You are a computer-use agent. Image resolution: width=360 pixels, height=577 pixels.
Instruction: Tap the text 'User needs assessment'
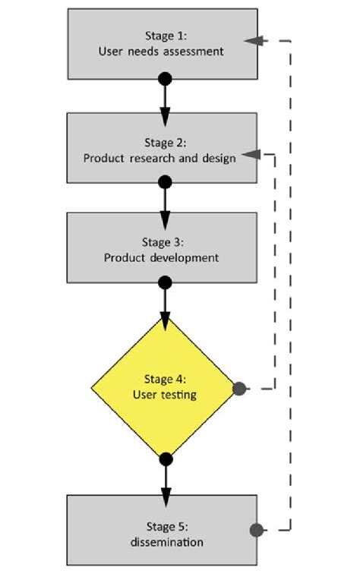pos(161,52)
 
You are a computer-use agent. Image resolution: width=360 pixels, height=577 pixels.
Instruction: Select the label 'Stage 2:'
pos(164,143)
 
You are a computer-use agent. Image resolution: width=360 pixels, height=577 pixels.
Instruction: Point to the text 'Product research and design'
pos(159,159)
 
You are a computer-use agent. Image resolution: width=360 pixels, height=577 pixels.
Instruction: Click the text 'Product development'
pos(161,257)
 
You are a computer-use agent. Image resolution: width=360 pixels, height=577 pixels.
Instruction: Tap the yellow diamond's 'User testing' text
pos(164,394)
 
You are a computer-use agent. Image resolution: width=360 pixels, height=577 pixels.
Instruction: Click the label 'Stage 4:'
pos(164,379)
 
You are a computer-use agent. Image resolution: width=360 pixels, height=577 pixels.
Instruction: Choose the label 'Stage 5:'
pos(167,526)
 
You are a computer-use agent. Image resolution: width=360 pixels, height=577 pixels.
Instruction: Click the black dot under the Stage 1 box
pos(165,79)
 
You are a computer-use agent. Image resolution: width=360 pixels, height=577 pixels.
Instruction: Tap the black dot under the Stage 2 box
pos(165,182)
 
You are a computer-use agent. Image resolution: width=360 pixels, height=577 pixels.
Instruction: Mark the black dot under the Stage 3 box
pos(165,283)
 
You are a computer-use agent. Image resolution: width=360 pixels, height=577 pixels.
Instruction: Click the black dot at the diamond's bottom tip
pos(166,459)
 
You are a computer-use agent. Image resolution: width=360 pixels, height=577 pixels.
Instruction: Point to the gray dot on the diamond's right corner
pos(238,389)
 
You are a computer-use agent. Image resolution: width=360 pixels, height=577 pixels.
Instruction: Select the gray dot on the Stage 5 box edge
pos(257,529)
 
